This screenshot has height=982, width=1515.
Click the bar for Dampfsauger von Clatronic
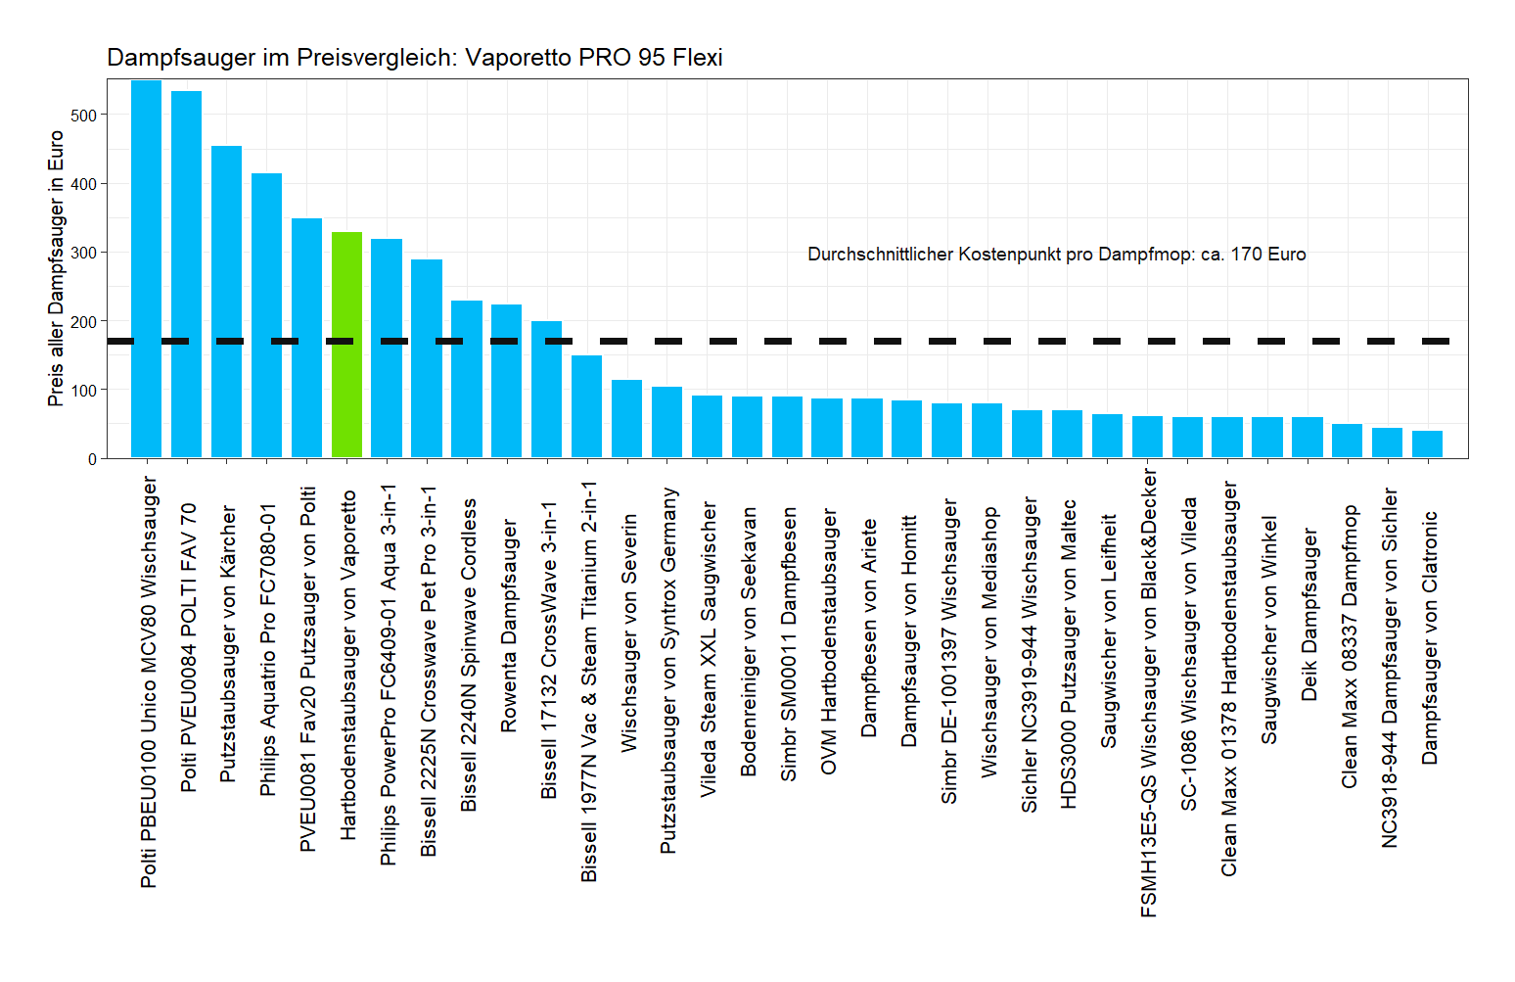click(1427, 444)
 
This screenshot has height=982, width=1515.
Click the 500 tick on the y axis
click(84, 116)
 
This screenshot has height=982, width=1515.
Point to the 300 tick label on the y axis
click(84, 253)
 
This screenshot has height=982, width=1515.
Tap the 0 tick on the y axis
click(92, 458)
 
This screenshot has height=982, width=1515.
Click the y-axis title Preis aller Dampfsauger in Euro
click(56, 269)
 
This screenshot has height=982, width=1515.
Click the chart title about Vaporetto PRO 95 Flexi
click(414, 58)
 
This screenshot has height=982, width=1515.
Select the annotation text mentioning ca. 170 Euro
click(1056, 255)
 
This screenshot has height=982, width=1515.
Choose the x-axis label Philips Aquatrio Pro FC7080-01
click(267, 650)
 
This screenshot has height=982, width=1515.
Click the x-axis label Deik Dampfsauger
click(1308, 615)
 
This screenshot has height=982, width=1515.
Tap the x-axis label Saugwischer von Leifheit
click(1108, 631)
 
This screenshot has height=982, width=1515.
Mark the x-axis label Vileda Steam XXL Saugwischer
click(708, 649)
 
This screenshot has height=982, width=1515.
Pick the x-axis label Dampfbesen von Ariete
click(868, 628)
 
